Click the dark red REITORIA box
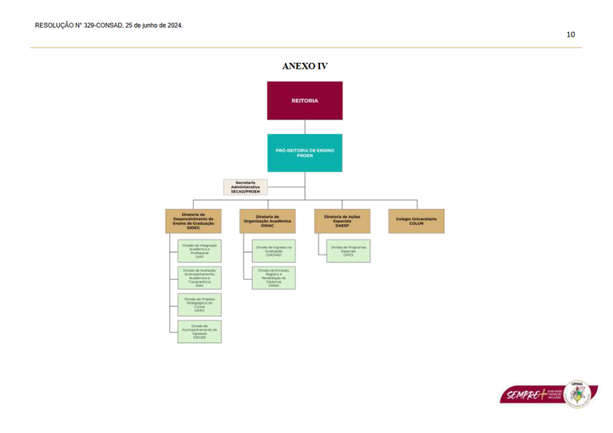coord(304,100)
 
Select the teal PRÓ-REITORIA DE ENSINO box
coord(304,152)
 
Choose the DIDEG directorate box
coord(193,221)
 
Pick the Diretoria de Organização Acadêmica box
coord(267,221)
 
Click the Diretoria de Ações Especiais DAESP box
coord(342,221)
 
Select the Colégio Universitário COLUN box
coord(416,221)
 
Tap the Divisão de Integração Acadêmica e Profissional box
coord(200,250)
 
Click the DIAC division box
coord(200,278)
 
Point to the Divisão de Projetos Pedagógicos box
coord(200,305)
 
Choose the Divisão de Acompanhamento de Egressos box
coord(200,332)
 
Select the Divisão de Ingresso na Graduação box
coord(274,250)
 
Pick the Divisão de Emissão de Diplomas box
coord(274,278)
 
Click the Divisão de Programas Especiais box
coord(348,250)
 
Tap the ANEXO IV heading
coord(305,66)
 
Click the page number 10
coord(571,34)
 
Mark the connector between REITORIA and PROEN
coord(304,127)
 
